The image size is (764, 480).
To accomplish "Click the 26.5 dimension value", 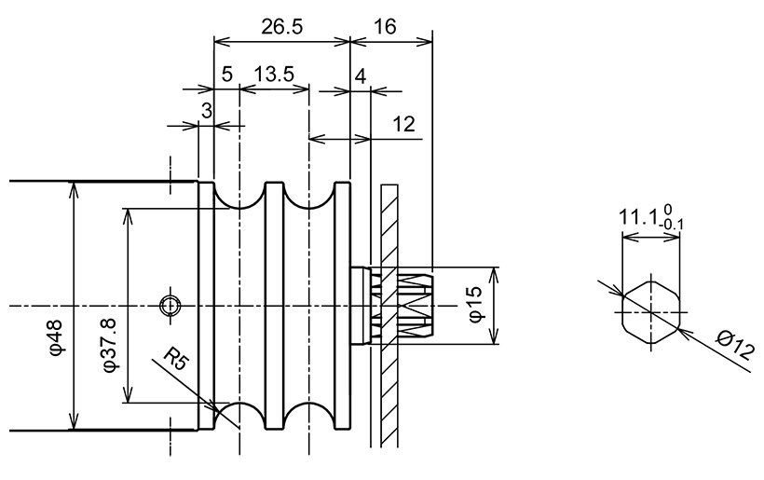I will coord(281,27).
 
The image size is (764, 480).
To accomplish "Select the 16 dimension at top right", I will coord(383,27).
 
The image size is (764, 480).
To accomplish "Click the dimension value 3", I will coord(207,111).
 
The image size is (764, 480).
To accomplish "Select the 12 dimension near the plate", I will coord(403,124).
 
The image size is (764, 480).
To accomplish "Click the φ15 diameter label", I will coord(474,305).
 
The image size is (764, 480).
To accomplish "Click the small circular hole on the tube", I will coord(170,305).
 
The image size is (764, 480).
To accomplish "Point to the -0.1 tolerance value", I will coord(673,225).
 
